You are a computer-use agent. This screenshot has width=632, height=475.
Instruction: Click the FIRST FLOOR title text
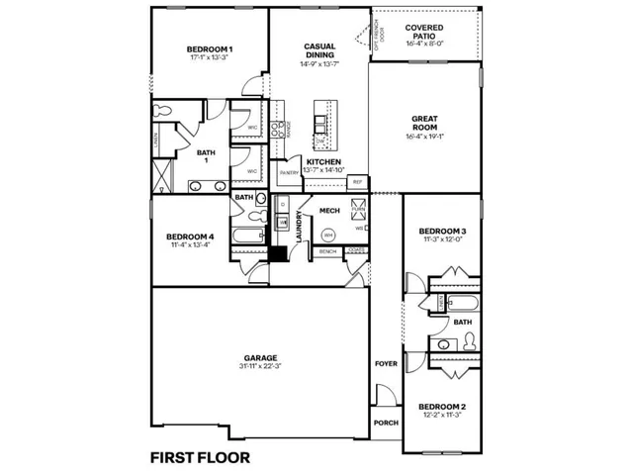click(x=200, y=457)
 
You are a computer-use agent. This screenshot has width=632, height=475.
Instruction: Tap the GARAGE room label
click(x=261, y=357)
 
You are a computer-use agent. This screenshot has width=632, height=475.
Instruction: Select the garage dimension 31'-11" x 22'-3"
click(x=261, y=367)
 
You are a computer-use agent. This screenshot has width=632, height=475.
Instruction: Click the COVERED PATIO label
click(x=424, y=28)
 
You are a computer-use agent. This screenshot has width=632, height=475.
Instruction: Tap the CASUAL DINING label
click(x=318, y=51)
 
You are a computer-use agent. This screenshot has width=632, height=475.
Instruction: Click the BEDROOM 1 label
click(x=210, y=49)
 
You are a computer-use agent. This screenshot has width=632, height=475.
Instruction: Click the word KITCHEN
click(x=323, y=161)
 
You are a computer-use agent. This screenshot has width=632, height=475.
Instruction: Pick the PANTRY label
click(x=289, y=173)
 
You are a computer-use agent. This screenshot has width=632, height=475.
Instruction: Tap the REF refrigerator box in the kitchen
click(x=357, y=182)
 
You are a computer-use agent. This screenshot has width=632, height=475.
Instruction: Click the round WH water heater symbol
click(x=328, y=236)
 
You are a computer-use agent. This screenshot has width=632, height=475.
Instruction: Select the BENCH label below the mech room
click(x=327, y=252)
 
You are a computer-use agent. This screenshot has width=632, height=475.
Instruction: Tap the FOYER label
click(x=386, y=363)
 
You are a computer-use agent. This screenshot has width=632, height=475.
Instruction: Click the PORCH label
click(x=386, y=423)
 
